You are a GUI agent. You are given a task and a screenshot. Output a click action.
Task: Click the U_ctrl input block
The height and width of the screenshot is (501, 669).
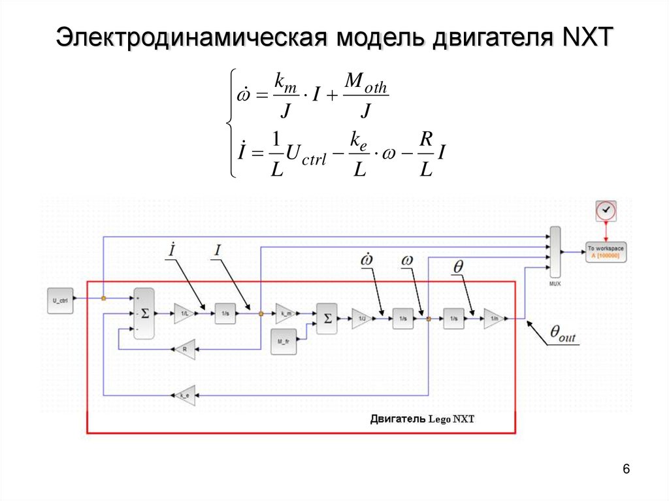(60, 300)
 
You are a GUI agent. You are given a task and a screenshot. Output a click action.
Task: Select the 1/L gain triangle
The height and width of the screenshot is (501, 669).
(183, 314)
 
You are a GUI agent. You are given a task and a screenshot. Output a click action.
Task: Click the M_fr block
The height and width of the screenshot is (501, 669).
(283, 342)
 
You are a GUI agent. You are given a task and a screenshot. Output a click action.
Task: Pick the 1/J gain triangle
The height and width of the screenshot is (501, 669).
(361, 319)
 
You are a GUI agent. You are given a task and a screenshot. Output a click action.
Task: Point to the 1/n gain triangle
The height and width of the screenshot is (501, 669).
(493, 319)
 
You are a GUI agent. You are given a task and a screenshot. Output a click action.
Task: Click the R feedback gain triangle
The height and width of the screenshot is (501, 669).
(185, 349)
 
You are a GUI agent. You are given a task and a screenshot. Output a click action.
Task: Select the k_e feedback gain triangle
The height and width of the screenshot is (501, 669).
(184, 395)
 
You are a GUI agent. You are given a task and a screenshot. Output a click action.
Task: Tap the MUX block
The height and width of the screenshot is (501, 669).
(555, 253)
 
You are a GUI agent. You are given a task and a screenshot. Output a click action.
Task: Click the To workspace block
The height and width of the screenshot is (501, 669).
(605, 251)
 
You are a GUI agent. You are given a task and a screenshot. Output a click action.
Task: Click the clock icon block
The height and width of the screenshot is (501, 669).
(606, 210)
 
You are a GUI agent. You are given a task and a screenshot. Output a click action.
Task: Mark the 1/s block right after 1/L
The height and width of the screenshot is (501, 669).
(225, 314)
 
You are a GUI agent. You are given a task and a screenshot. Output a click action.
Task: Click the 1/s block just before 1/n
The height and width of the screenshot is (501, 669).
(453, 319)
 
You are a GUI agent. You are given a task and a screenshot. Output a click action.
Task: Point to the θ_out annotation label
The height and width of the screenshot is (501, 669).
(563, 335)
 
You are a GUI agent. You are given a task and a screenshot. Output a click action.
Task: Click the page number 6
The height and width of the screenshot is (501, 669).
(627, 470)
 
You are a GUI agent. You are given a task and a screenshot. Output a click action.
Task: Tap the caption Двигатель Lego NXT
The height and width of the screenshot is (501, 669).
(421, 419)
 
